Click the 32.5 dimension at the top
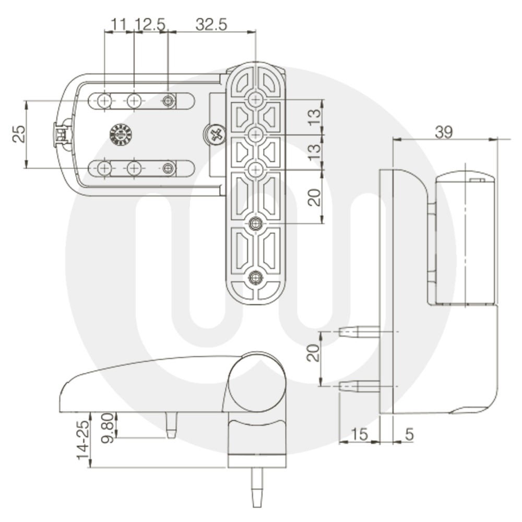(211, 24)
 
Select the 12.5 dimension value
(150, 24)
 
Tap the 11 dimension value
(118, 24)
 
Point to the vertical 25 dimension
(18, 135)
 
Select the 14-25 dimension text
(82, 441)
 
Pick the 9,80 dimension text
(108, 427)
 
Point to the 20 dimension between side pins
(313, 353)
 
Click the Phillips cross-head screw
(215, 136)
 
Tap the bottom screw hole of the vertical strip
(255, 278)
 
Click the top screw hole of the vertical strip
(255, 99)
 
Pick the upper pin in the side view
(359, 331)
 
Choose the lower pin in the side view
(359, 386)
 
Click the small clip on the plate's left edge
(61, 135)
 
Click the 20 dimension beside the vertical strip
(314, 197)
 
